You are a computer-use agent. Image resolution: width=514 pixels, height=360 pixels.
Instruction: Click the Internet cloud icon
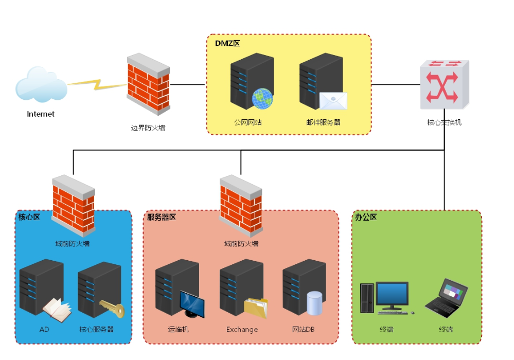coord(41,84)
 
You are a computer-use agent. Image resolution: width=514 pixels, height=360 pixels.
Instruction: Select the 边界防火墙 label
coord(148,128)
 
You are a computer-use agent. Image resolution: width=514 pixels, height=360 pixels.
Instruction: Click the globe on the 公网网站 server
coord(262,99)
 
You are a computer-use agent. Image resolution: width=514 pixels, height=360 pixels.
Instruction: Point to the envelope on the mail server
coord(333,100)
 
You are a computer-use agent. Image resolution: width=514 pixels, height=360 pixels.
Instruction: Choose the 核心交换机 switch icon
coord(444,85)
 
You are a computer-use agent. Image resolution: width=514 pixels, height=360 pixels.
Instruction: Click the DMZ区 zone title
coord(227,43)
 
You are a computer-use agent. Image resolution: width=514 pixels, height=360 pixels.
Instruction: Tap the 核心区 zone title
coord(29,217)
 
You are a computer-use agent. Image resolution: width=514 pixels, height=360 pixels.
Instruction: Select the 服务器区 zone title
coord(162,217)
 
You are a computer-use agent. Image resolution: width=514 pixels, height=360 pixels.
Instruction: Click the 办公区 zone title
coord(366,217)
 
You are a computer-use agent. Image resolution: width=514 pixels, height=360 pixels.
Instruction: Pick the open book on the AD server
coord(57,310)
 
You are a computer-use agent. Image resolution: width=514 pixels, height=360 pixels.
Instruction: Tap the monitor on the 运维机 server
coord(192,304)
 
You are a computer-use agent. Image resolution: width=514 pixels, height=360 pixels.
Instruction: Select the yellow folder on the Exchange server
coord(256,308)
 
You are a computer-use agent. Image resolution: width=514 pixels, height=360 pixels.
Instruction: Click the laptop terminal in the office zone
coord(447,298)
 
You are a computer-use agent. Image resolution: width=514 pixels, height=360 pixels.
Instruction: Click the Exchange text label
coord(242,329)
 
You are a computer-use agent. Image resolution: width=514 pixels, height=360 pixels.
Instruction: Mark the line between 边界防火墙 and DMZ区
coord(188,84)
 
